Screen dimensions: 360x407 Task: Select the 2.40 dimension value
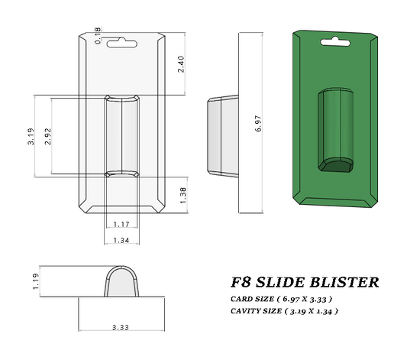tap(181, 63)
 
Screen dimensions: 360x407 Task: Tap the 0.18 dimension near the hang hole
tap(98, 35)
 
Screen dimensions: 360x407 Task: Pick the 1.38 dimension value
tap(182, 194)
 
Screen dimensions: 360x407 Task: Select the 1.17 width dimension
tap(121, 224)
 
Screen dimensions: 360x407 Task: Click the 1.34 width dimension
tap(121, 240)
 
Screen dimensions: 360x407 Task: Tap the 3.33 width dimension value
tap(121, 327)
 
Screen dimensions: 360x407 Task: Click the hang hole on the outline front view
tap(121, 43)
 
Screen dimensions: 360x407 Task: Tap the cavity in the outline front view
tap(121, 136)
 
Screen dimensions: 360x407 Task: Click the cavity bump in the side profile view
tap(221, 135)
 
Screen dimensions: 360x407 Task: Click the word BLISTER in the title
tap(344, 282)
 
